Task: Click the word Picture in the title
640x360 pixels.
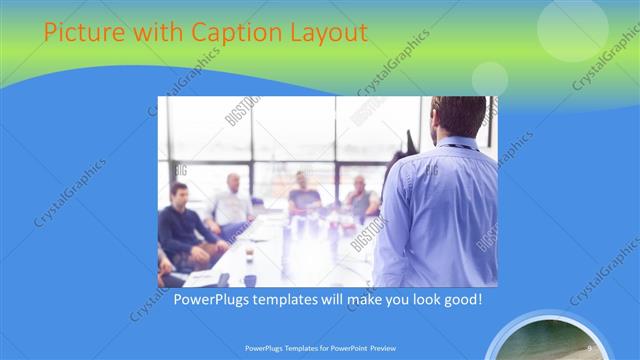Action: [x=82, y=33]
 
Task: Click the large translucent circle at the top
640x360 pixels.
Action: [x=572, y=28]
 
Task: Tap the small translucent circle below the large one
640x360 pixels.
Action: [x=490, y=78]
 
